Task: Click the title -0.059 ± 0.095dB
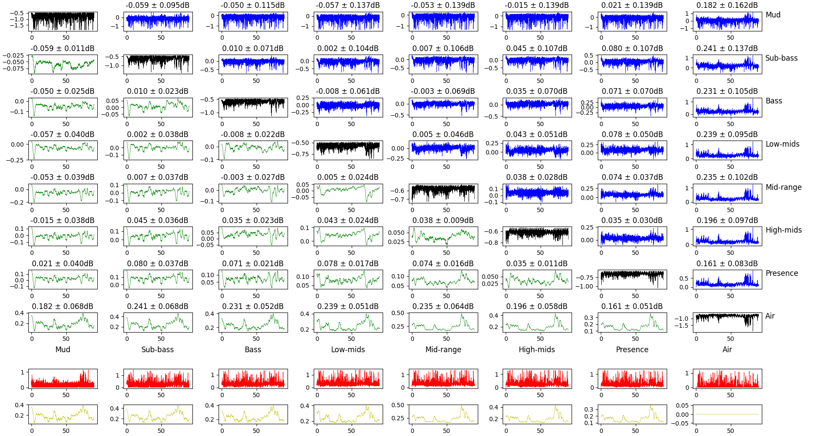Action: pos(158,5)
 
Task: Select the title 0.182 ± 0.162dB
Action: pos(727,5)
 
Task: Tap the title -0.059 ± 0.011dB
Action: pos(62,48)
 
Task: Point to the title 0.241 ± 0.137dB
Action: pos(727,48)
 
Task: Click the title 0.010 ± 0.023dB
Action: pos(158,91)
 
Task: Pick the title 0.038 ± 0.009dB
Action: pos(443,220)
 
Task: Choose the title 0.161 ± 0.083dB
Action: pos(727,264)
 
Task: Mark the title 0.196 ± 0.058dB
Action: pos(537,306)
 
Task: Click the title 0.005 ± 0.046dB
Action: pos(443,134)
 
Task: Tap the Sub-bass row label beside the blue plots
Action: pos(781,58)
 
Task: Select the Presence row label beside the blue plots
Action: pos(781,273)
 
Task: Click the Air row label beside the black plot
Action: pos(770,316)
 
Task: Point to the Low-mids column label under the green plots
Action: pos(348,350)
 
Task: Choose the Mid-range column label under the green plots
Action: pos(443,350)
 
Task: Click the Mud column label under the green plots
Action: pos(62,350)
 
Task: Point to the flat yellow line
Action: pos(727,414)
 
